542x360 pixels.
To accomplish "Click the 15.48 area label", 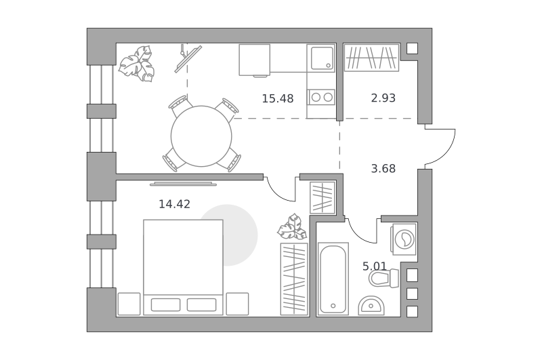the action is (278, 99).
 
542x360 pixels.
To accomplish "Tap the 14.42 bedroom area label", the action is (174, 204).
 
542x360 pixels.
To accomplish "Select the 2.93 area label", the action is (383, 98).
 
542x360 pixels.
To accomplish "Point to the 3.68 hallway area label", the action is (383, 169).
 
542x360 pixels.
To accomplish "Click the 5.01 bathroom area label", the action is (375, 266).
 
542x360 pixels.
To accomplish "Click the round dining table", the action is (201, 136).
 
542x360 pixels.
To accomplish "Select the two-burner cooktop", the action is (322, 97).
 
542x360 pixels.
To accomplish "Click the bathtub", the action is (333, 279).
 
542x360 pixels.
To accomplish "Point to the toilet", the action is (383, 279).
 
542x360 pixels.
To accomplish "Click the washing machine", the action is (404, 239).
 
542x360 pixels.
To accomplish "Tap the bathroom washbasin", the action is (371, 305).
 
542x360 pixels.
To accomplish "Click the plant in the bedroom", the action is (292, 227).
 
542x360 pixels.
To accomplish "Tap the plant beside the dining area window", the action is (137, 64).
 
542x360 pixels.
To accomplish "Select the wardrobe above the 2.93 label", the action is (371, 58).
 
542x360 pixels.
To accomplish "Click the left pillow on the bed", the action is (165, 304).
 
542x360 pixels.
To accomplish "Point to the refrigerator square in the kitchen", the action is (255, 60).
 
